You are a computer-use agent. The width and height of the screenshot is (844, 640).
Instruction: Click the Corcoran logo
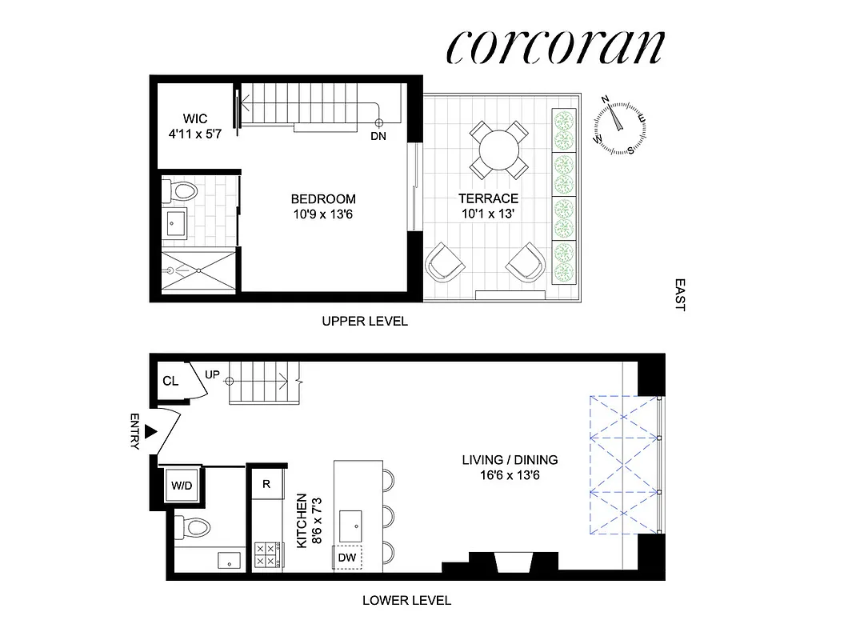[x=554, y=48]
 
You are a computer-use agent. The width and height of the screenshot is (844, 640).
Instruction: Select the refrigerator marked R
[x=266, y=483]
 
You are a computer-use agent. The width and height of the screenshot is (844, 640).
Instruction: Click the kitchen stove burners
[x=266, y=555]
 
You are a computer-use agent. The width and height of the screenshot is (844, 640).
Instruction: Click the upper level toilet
[x=179, y=191]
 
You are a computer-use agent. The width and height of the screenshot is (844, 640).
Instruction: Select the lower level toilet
[x=193, y=526]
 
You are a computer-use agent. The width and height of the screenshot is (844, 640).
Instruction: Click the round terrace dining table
[x=498, y=148]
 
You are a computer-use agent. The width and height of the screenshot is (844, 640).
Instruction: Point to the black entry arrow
[x=150, y=433]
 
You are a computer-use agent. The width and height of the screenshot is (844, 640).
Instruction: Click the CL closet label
[x=170, y=381]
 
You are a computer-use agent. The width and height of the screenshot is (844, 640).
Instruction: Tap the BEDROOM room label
[x=323, y=199]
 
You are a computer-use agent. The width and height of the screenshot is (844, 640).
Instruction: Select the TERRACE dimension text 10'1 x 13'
[x=488, y=214]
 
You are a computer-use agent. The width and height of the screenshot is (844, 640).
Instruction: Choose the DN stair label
[x=378, y=136]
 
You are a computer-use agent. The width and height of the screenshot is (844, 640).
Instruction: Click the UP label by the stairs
[x=212, y=374]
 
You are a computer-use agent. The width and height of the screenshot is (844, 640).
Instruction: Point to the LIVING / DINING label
[x=510, y=460]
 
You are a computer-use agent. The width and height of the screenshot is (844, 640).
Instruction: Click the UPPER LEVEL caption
[x=365, y=322]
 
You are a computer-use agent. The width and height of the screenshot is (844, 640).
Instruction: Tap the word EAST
[x=680, y=294]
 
